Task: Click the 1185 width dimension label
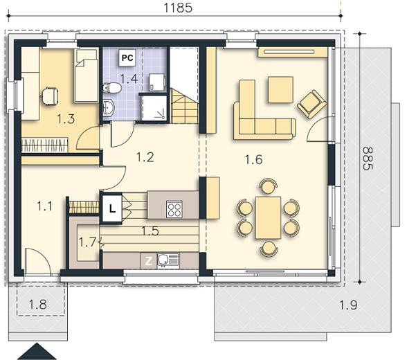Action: click(179, 8)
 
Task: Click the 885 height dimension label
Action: click(368, 159)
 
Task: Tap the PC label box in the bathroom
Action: click(127, 57)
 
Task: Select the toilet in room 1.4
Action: click(112, 88)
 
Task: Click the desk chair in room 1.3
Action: click(50, 96)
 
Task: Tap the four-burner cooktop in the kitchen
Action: click(174, 208)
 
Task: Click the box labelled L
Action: click(112, 208)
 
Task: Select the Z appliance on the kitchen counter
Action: click(148, 261)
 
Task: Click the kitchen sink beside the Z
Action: click(168, 260)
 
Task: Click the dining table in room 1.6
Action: click(268, 217)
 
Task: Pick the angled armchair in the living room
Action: click(311, 104)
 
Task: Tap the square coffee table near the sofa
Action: click(280, 89)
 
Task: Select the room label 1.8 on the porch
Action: click(37, 304)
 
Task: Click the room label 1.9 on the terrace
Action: click(348, 305)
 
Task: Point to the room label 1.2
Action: click(145, 157)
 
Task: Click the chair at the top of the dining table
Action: click(268, 186)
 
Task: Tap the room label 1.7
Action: click(87, 242)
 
